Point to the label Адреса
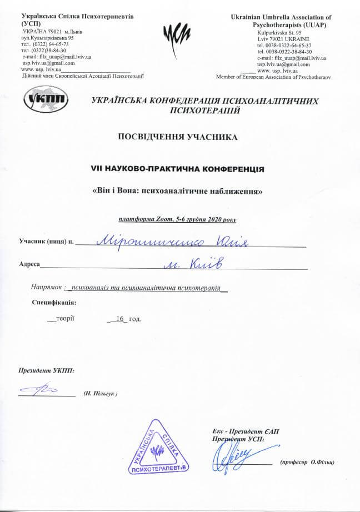pos(29,265)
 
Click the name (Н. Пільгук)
pos(101,393)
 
